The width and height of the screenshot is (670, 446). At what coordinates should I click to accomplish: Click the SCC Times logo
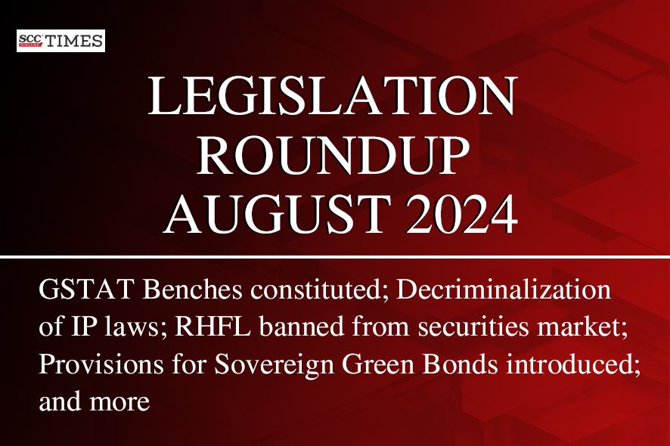pyautogui.click(x=60, y=41)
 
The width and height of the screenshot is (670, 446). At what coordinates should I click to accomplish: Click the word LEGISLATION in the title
pyautogui.click(x=333, y=96)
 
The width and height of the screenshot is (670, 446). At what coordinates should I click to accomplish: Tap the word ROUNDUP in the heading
pyautogui.click(x=333, y=155)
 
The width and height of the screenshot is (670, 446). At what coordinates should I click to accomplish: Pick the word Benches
pyautogui.click(x=193, y=290)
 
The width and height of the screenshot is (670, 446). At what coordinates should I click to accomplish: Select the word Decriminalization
pyautogui.click(x=504, y=290)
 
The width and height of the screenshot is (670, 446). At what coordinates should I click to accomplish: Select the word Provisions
pyautogui.click(x=101, y=364)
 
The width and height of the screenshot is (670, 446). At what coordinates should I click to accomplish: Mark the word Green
pyautogui.click(x=378, y=364)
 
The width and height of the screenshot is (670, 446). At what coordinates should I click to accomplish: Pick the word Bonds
pyautogui.click(x=461, y=364)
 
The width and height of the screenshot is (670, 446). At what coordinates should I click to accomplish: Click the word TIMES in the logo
pyautogui.click(x=74, y=41)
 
